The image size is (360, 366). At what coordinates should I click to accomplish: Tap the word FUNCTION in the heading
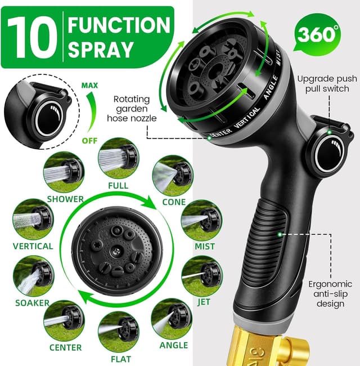click(119, 25)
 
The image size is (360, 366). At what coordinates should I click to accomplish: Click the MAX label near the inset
click(89, 86)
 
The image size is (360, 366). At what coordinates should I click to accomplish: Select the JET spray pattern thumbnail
click(201, 275)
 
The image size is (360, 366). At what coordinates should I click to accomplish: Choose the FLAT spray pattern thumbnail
click(118, 331)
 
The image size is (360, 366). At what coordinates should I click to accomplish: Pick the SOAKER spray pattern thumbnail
click(33, 275)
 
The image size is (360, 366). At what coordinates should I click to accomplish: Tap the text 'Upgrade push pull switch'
click(323, 83)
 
